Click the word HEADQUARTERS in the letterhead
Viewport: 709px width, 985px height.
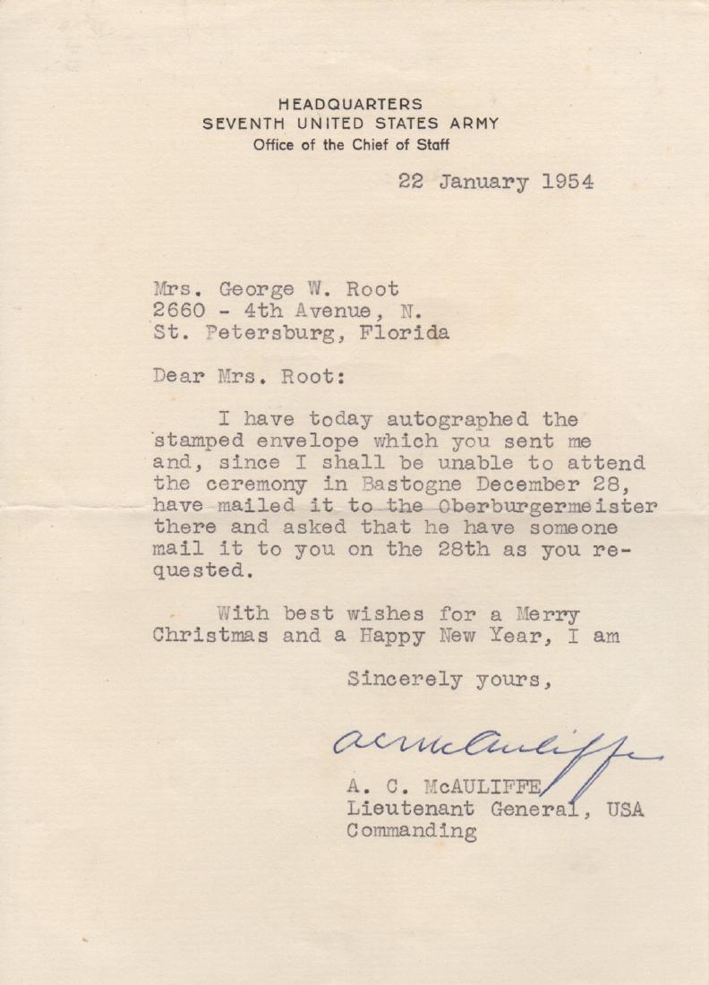click(350, 105)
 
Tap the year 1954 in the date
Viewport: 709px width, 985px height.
click(568, 181)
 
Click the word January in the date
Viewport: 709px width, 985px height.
click(483, 182)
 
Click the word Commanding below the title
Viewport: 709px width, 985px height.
click(411, 832)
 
